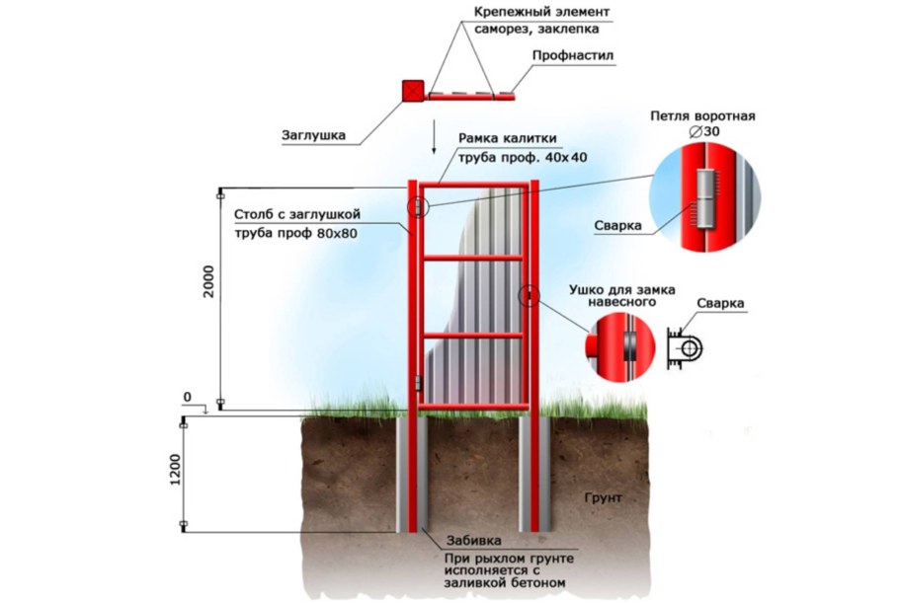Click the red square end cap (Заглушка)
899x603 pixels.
(412, 92)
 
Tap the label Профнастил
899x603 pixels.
(573, 56)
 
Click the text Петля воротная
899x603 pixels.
(702, 115)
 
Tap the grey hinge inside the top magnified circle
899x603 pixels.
(703, 197)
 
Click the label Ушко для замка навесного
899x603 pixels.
(621, 296)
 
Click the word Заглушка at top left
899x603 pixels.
(314, 136)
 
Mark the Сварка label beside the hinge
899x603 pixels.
(618, 225)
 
